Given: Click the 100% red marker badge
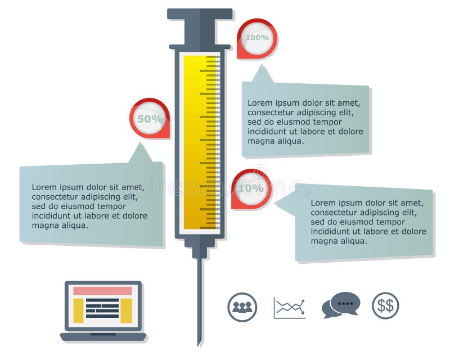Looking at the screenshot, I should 257,38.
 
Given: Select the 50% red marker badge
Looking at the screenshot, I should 150,119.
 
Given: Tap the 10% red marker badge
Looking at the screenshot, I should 251,188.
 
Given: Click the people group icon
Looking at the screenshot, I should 242,307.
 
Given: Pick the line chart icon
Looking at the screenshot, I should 290,308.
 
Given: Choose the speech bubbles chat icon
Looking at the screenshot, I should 341,305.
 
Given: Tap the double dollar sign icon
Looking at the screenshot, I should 385,305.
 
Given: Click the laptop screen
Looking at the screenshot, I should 103,305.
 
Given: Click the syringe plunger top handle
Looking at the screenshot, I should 200,14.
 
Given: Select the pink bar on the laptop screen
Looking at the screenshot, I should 103,291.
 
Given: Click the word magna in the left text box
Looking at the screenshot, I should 44,226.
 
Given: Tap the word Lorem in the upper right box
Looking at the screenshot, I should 259,103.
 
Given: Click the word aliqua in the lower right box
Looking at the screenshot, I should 354,241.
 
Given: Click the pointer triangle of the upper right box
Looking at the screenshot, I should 262,75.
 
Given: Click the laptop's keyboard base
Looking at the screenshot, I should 103,337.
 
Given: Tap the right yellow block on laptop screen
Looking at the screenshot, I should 126,310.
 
